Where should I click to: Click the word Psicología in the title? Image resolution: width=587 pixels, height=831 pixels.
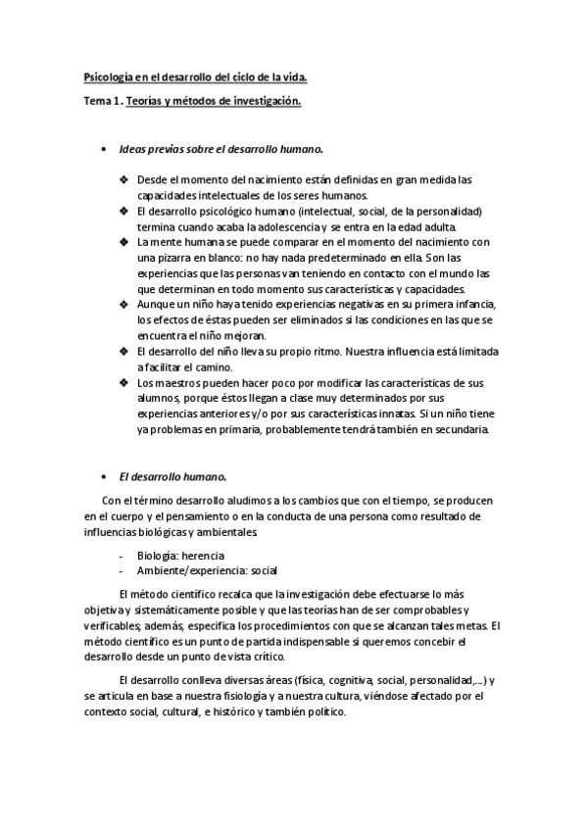click(x=108, y=75)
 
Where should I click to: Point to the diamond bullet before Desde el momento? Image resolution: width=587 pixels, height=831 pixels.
click(x=123, y=179)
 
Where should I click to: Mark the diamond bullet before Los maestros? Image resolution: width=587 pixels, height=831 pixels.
click(x=123, y=382)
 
